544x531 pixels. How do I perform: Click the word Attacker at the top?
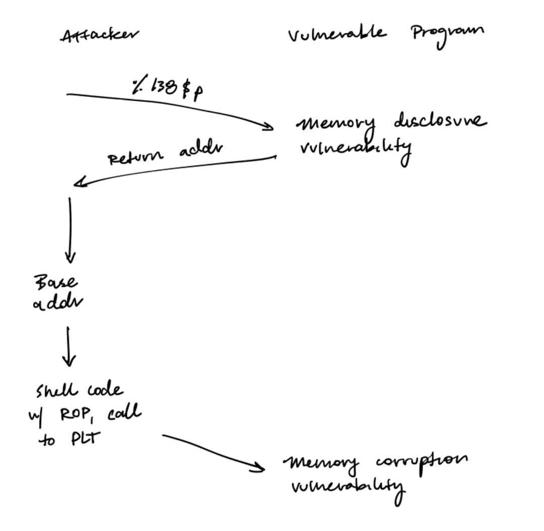99,35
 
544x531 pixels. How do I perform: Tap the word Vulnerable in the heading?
337,34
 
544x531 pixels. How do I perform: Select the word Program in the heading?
447,34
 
